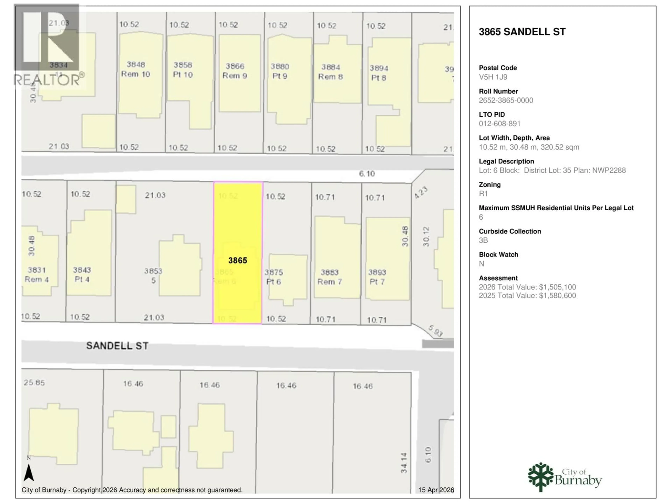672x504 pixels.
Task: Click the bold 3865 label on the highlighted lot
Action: click(238, 260)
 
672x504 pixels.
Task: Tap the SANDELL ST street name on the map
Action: click(117, 346)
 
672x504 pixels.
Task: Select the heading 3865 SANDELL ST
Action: click(522, 32)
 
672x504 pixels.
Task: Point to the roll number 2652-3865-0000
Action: click(506, 101)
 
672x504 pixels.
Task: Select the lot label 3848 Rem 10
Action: click(136, 69)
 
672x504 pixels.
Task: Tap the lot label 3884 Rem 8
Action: click(331, 72)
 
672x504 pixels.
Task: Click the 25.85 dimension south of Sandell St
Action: click(34, 383)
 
